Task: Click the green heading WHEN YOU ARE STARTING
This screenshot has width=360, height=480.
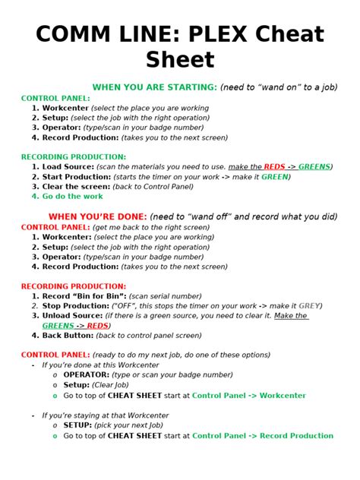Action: click(154, 87)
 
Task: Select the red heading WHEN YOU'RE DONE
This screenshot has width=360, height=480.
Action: click(98, 216)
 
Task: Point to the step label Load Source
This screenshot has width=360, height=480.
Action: click(68, 166)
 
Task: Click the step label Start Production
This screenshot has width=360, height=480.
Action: click(74, 177)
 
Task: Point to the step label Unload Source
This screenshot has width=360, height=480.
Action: click(73, 316)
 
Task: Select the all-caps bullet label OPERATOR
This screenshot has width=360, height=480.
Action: click(87, 375)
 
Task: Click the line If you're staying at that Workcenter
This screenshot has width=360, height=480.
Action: click(106, 415)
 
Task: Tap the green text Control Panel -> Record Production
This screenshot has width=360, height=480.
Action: click(263, 436)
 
